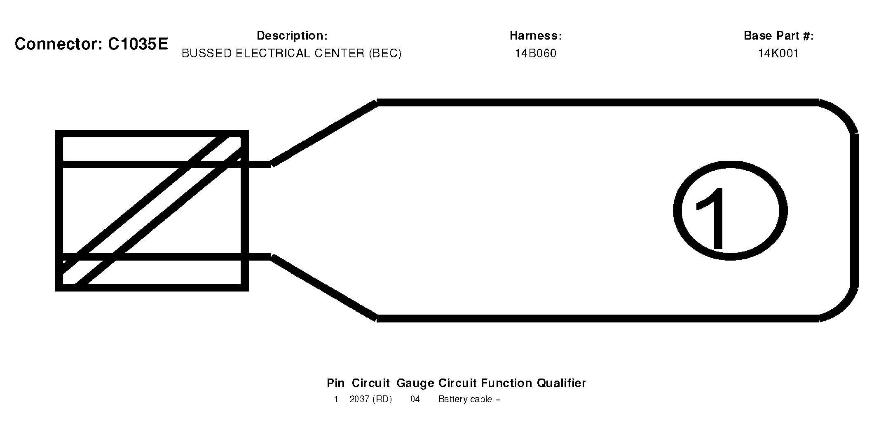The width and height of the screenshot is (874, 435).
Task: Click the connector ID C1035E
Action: (138, 44)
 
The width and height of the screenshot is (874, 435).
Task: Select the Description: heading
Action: (292, 36)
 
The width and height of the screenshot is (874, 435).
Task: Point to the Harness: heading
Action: (536, 36)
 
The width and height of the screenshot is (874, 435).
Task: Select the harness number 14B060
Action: (536, 54)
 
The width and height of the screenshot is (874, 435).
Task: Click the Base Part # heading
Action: (779, 36)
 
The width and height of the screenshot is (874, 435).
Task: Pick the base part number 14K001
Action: (778, 54)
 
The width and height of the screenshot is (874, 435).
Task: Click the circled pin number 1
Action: (730, 211)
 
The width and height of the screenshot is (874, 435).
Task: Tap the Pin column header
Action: (336, 383)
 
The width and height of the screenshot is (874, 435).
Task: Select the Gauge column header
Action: (415, 384)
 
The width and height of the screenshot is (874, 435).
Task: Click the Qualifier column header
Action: (561, 383)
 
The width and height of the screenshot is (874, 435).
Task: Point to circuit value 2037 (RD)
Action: (371, 400)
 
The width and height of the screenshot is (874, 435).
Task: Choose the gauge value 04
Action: (415, 400)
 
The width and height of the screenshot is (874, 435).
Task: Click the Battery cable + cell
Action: (469, 400)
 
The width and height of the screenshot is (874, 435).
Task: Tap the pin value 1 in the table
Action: (336, 400)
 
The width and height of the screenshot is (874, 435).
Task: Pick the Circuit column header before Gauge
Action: (370, 383)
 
